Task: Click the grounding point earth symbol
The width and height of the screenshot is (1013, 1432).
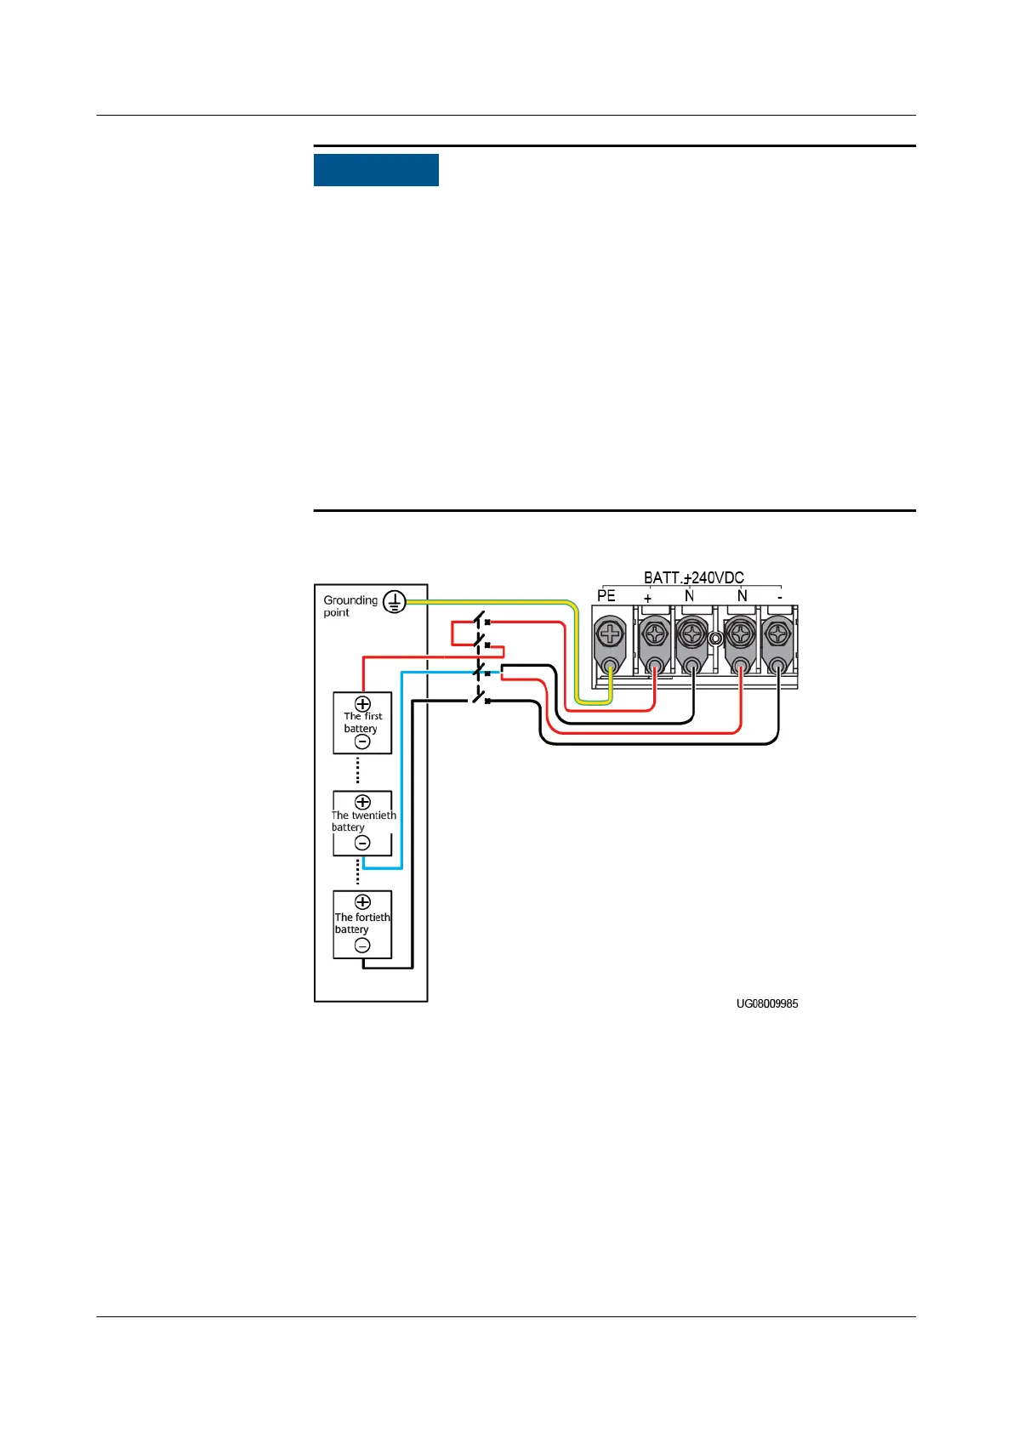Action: pos(394,602)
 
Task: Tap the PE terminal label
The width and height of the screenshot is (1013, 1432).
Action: pos(606,596)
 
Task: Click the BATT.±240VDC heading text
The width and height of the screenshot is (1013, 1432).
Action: pos(693,578)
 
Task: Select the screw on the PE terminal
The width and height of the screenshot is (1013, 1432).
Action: pos(610,634)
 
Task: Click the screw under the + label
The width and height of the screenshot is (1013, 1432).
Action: pos(654,634)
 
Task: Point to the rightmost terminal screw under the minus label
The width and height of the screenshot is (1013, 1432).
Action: pos(777,634)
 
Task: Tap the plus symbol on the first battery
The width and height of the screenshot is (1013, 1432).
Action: pos(362,704)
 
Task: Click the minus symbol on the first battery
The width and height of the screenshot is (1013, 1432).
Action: pos(362,742)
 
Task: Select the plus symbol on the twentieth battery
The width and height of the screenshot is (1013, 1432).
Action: pos(362,802)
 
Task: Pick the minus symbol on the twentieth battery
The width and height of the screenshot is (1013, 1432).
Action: pos(362,843)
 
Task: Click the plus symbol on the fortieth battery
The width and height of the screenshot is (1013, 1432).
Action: pos(362,901)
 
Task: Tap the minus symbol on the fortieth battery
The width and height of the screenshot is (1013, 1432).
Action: pos(362,946)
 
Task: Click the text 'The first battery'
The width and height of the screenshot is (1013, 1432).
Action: pos(362,723)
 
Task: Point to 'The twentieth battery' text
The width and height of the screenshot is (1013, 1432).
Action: pos(363,821)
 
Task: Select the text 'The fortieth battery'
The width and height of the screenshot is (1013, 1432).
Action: pos(361,923)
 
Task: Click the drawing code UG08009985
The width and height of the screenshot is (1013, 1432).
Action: pos(767,1004)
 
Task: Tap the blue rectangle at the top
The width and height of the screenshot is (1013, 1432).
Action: pos(376,170)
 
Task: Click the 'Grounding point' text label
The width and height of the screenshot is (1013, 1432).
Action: pos(350,605)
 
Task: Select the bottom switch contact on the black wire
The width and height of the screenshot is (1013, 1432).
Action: pos(481,700)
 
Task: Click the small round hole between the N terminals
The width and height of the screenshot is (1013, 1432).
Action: pos(715,637)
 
